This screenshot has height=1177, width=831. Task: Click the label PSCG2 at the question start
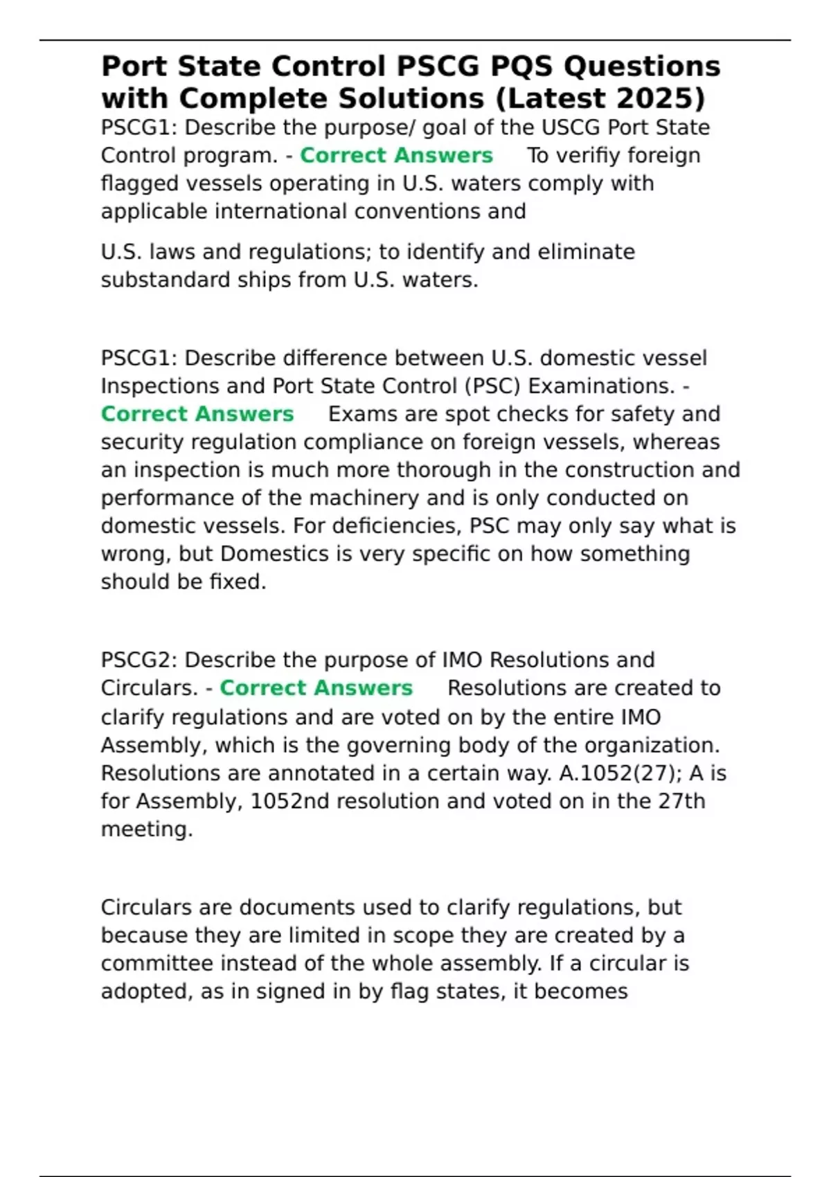coord(138,660)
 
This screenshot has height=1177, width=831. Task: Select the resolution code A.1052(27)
coord(612,773)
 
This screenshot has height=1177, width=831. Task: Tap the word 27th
coord(681,801)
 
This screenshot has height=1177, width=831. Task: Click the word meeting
coord(146,829)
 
